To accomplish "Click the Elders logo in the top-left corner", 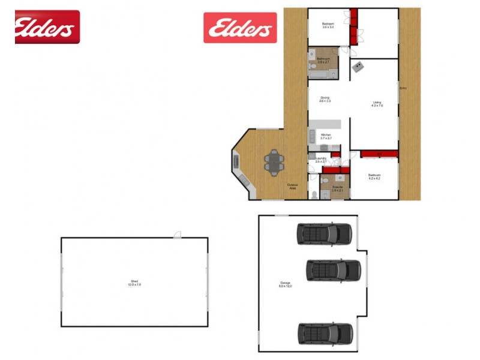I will [x=47, y=27].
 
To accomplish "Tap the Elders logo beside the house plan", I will [x=239, y=28].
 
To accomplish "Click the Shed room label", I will [x=134, y=282].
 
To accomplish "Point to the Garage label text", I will [x=284, y=284].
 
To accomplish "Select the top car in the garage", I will [x=323, y=234].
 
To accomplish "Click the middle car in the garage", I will [x=334, y=270].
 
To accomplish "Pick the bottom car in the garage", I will [x=324, y=333].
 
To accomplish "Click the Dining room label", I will [x=325, y=99].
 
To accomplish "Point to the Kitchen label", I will [x=326, y=136].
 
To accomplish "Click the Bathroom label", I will [x=323, y=60].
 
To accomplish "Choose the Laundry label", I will [x=320, y=160].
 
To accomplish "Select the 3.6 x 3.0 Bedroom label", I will [x=329, y=25].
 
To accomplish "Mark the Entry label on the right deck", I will [x=403, y=89].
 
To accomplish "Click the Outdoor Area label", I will [x=293, y=187].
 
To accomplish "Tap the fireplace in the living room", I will [x=358, y=65].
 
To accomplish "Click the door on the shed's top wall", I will [x=177, y=236].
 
